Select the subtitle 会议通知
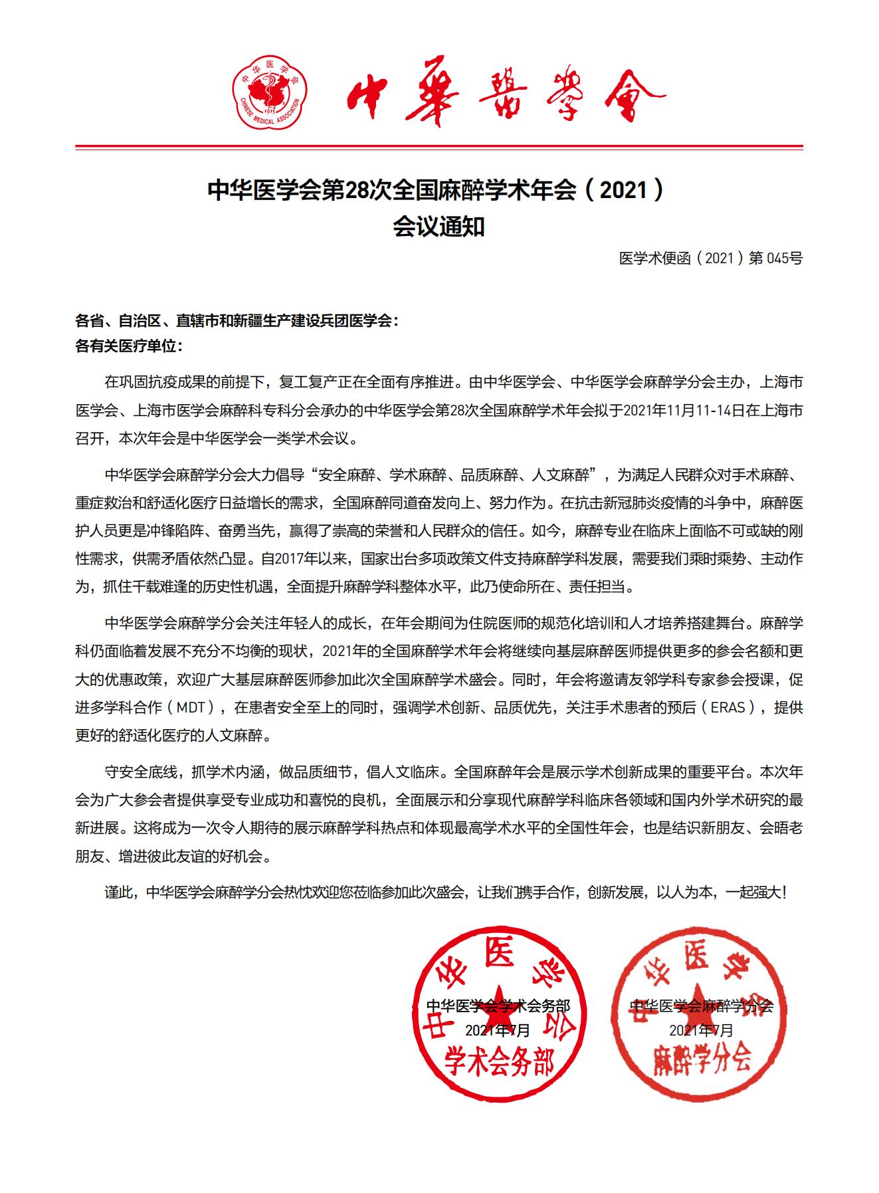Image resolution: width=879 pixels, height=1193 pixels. (439, 227)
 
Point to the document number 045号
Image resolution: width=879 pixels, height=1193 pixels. (785, 259)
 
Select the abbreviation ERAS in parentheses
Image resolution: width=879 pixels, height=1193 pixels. (733, 707)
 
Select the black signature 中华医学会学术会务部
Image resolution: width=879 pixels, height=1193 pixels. (498, 1006)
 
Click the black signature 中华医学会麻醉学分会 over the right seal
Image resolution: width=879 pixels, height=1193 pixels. (701, 1006)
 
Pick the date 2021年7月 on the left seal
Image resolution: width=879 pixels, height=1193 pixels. (498, 1031)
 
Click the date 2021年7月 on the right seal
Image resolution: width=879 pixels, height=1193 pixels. (701, 1031)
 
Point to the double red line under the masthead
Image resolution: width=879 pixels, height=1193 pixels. (439, 147)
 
